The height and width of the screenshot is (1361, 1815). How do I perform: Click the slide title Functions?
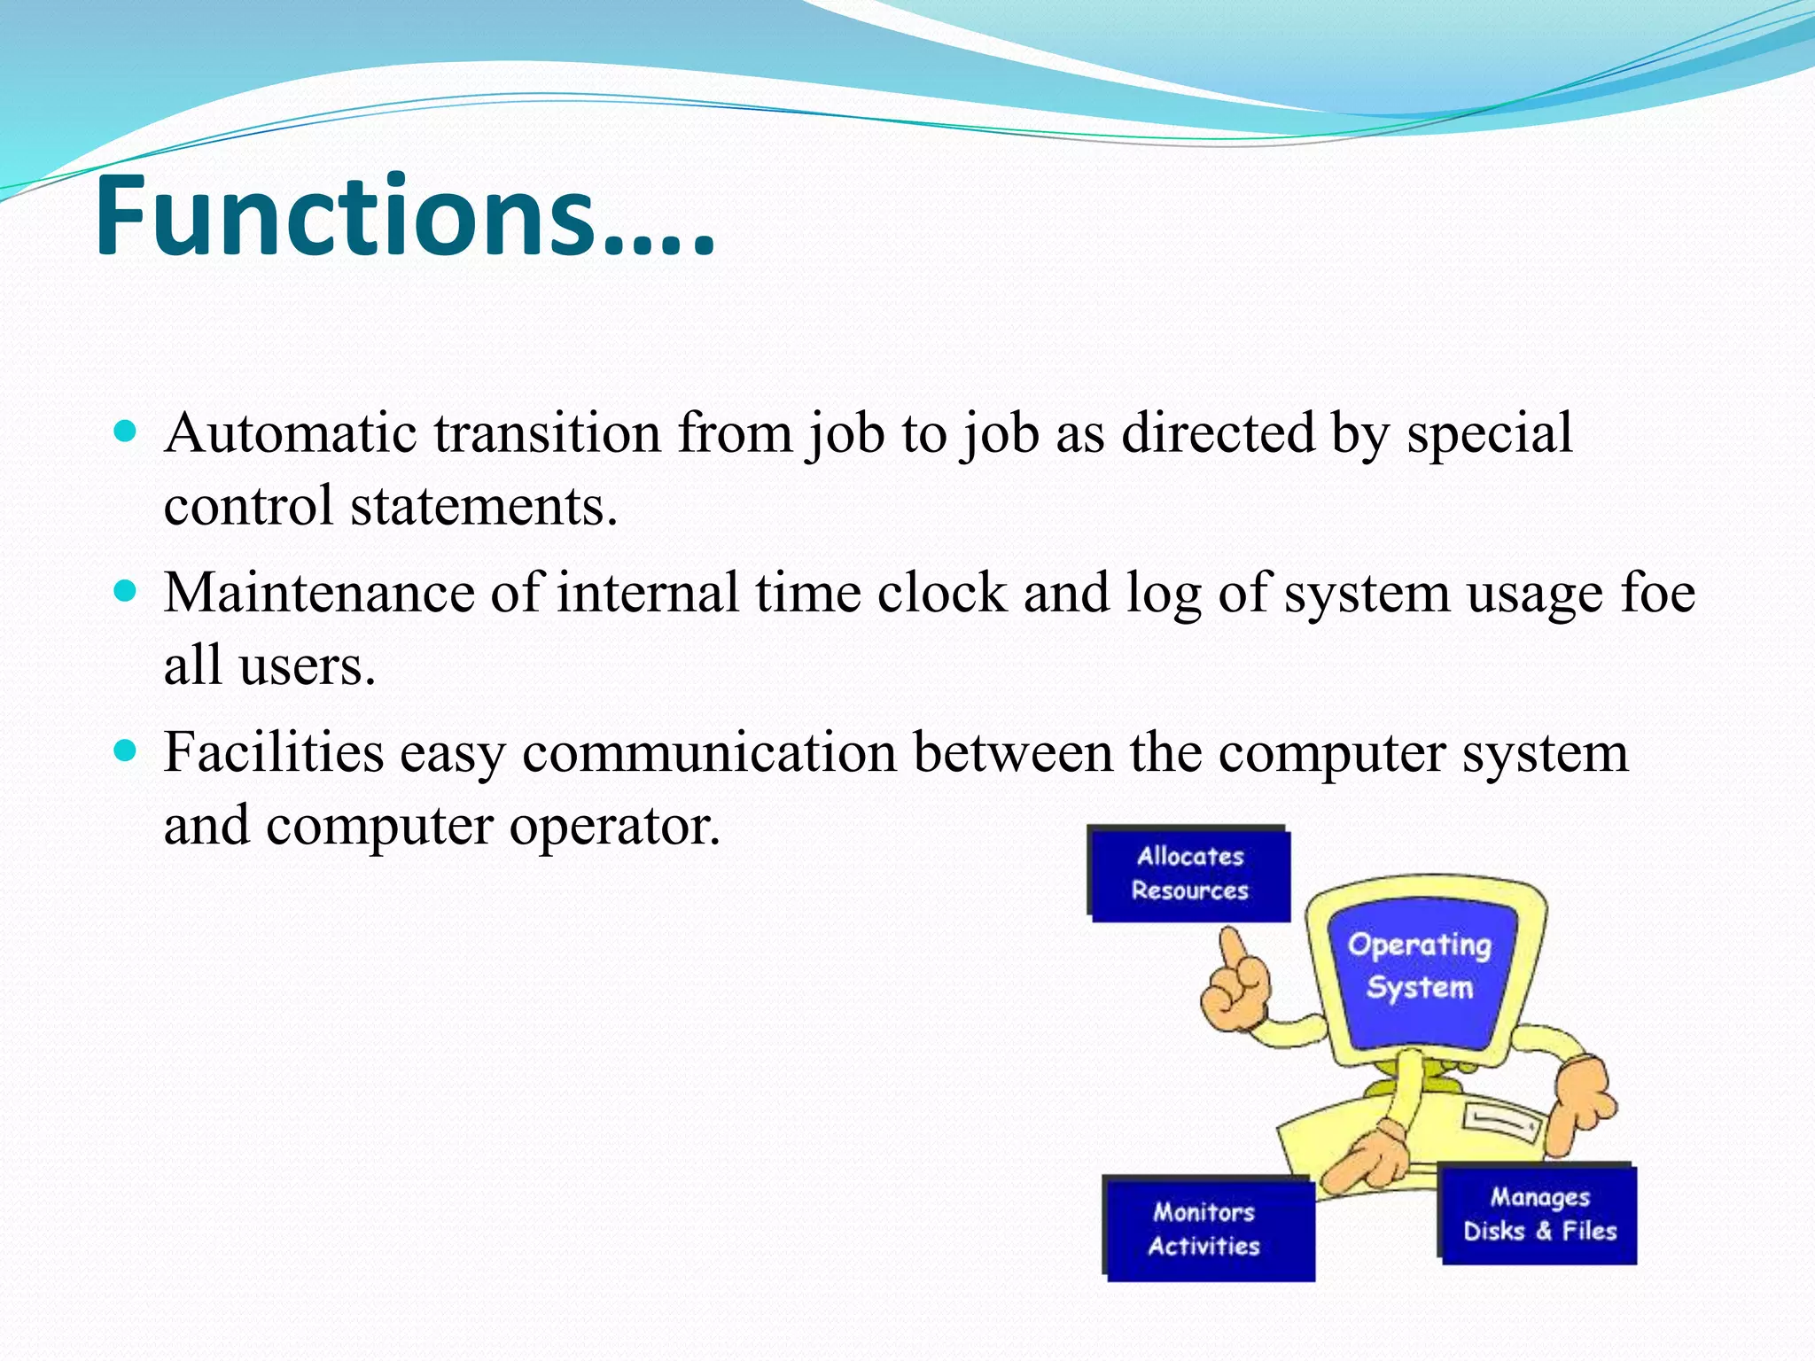[x=404, y=217]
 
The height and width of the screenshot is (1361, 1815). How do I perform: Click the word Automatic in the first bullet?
[x=290, y=433]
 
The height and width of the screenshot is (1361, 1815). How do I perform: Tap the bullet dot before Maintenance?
[x=126, y=591]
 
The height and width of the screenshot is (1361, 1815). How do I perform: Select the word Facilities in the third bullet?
[x=274, y=752]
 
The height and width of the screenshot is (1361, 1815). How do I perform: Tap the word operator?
[x=614, y=825]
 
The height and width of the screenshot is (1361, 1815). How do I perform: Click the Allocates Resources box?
[x=1189, y=874]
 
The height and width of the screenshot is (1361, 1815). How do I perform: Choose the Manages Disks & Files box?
[x=1539, y=1215]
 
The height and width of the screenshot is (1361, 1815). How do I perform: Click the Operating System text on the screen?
[x=1419, y=966]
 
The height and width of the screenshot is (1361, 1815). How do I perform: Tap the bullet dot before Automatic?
[x=126, y=432]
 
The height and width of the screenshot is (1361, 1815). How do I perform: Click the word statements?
[x=483, y=506]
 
